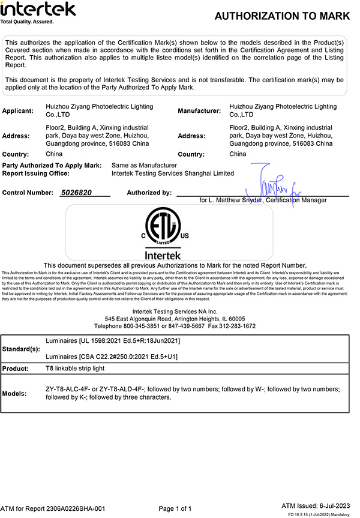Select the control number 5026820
click(x=77, y=193)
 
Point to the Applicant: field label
click(x=17, y=111)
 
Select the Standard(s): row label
click(x=22, y=349)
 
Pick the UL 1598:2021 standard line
click(x=113, y=340)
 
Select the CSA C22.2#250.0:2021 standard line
click(x=112, y=357)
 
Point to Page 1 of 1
click(x=175, y=508)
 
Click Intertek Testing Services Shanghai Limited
click(x=173, y=173)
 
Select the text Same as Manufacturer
click(x=144, y=165)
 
